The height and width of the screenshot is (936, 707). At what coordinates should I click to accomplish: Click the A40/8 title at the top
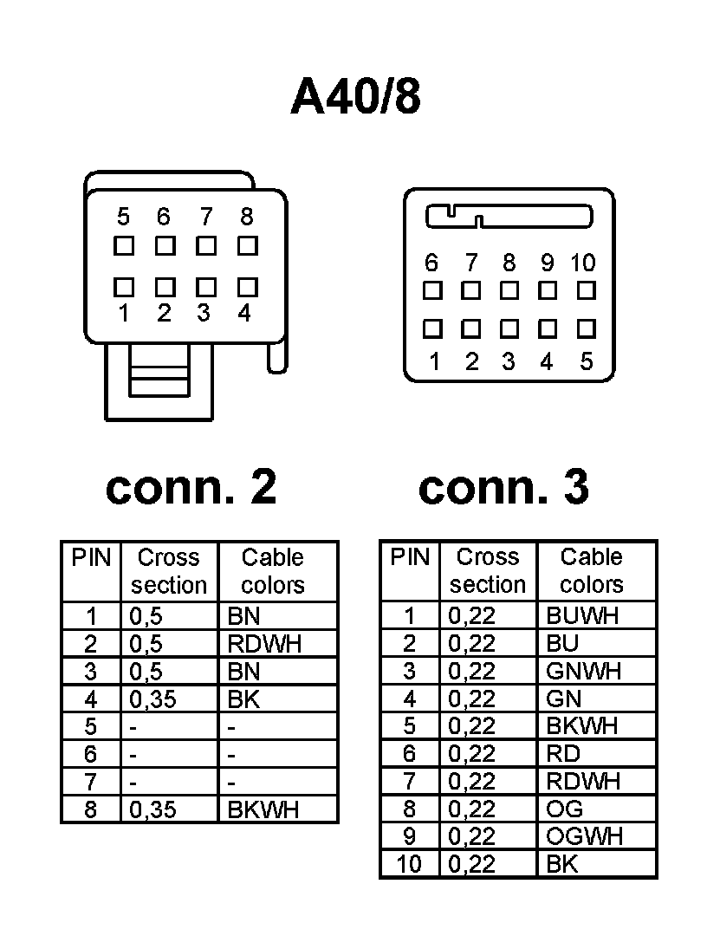point(355,96)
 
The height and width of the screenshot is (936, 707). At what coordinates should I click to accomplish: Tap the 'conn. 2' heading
point(191,488)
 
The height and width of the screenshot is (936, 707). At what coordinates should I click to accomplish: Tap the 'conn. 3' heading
point(503,488)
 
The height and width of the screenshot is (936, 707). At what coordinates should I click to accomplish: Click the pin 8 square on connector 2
point(248,245)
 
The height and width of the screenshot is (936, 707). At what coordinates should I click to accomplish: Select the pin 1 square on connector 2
point(124,286)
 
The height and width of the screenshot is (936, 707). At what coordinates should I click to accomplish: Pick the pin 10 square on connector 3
point(586,289)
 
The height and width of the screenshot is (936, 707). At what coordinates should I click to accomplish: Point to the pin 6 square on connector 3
point(432,289)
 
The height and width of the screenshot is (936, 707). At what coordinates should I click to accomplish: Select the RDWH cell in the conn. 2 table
point(268,644)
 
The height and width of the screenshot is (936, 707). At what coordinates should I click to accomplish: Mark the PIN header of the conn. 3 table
point(410,557)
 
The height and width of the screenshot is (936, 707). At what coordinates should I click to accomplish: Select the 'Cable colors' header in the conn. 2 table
point(273,571)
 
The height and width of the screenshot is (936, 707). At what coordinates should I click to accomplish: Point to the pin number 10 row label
point(409,864)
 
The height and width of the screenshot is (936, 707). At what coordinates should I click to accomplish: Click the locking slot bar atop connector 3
point(509,216)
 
